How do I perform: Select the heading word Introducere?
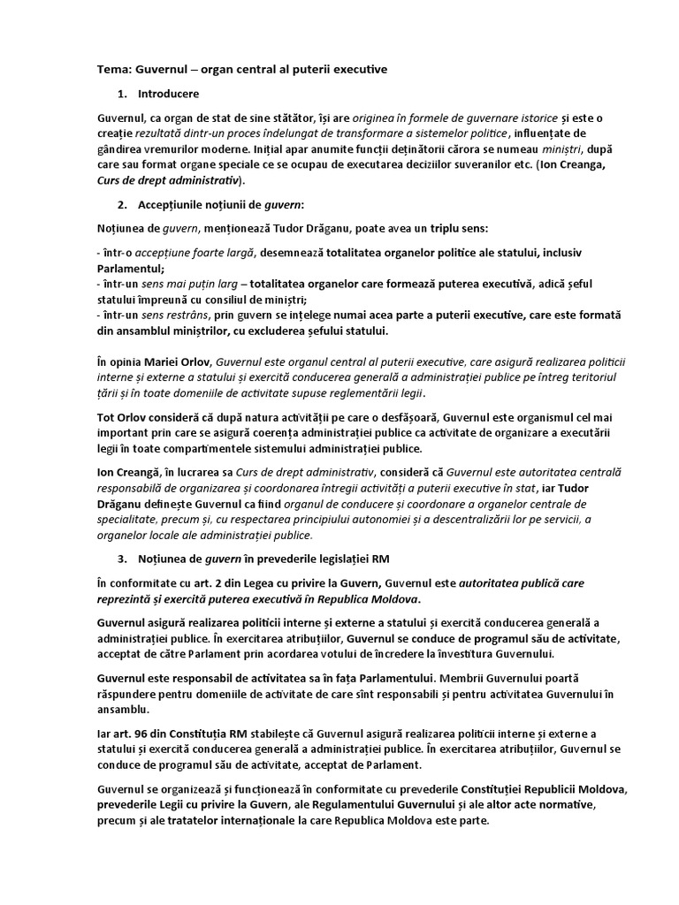click(x=168, y=93)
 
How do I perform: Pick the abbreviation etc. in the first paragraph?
click(x=557, y=164)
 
